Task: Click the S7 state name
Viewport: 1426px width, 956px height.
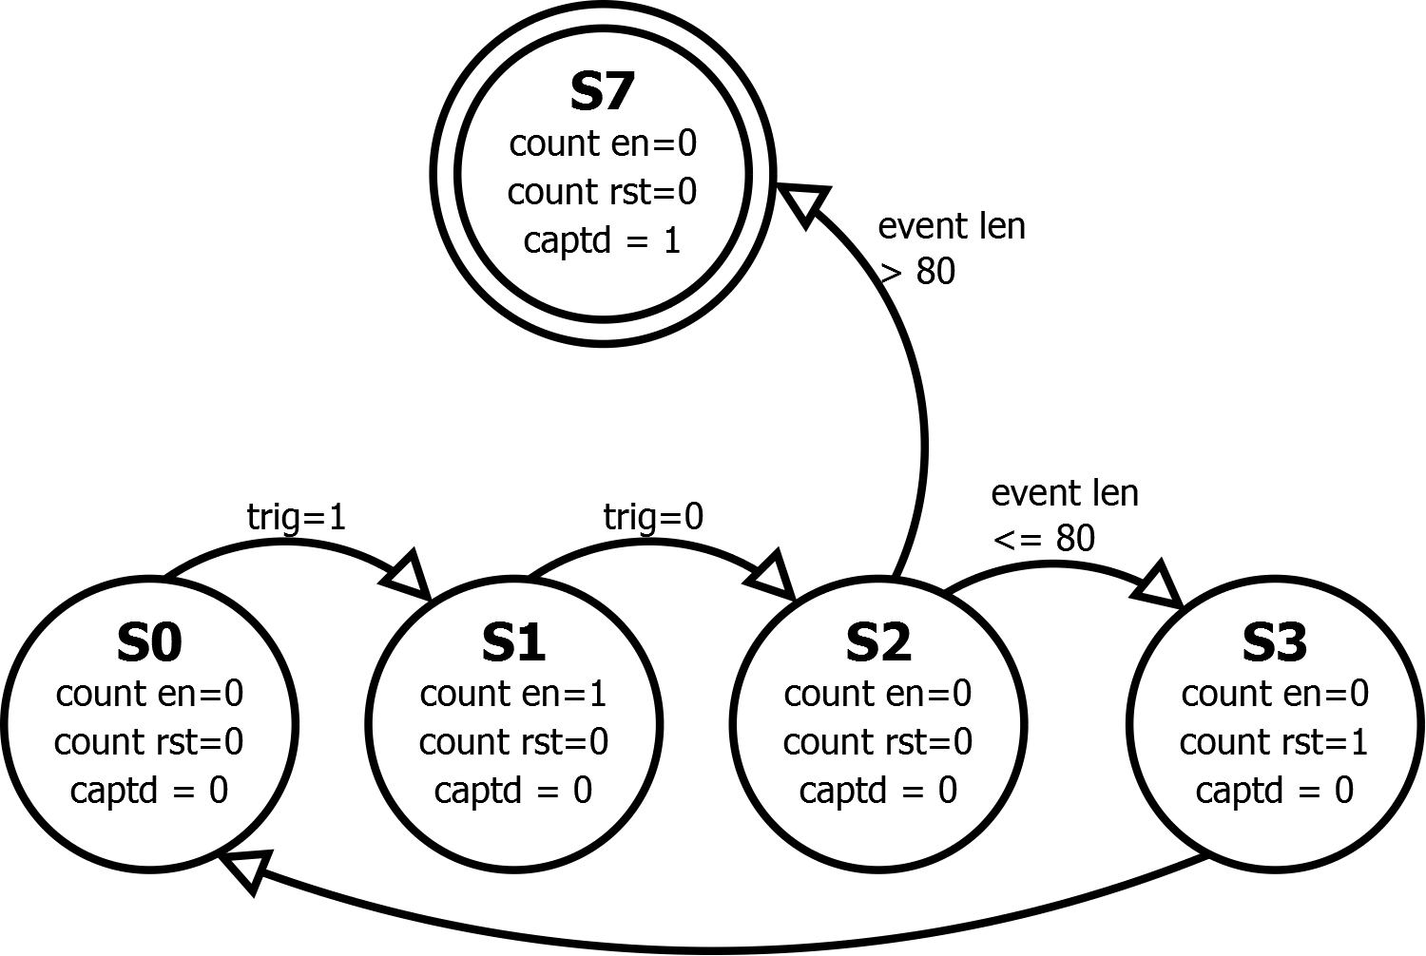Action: pos(602,91)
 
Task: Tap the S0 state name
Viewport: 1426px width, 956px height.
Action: pos(149,642)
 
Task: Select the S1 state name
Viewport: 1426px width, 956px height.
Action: pos(513,642)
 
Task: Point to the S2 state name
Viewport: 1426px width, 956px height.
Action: pos(878,642)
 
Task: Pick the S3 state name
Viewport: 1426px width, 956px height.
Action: pos(1275,642)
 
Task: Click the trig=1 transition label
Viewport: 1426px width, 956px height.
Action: pos(297,517)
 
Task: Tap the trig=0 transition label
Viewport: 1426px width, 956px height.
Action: pos(654,517)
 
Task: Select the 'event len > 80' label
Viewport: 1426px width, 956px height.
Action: pos(951,249)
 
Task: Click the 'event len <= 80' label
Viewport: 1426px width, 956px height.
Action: pos(1064,516)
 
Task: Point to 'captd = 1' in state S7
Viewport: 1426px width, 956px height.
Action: pos(602,240)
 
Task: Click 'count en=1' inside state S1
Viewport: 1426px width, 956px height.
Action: pos(513,694)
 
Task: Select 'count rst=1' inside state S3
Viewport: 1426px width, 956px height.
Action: pos(1275,742)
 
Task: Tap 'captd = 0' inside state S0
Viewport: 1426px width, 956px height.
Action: pos(149,791)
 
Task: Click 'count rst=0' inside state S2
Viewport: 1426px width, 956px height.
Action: pos(878,742)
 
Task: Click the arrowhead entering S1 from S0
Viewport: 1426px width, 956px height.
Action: pos(411,574)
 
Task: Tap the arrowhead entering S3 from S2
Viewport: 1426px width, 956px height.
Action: pos(1160,583)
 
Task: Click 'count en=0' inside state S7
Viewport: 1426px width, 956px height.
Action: pos(603,143)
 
